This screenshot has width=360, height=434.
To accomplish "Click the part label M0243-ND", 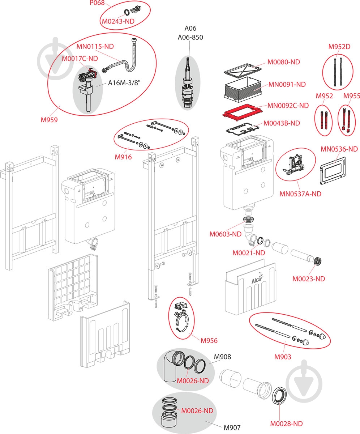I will click(118, 21).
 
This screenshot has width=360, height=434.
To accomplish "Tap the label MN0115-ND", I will click(95, 47).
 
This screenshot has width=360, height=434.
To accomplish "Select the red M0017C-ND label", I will click(80, 58).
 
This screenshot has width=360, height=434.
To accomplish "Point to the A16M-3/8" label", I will click(124, 83).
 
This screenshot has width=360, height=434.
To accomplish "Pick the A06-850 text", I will click(190, 37).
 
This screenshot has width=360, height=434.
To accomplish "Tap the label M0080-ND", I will click(283, 62).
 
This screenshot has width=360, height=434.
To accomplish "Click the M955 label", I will click(351, 96).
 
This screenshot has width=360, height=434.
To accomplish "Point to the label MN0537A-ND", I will click(300, 194).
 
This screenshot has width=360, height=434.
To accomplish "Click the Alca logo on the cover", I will click(257, 280).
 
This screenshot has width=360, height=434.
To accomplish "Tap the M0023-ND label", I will click(308, 278).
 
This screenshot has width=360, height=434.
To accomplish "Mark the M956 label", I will click(209, 340).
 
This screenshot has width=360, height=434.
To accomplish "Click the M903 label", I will click(282, 357).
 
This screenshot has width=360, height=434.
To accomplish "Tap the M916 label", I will click(123, 157).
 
